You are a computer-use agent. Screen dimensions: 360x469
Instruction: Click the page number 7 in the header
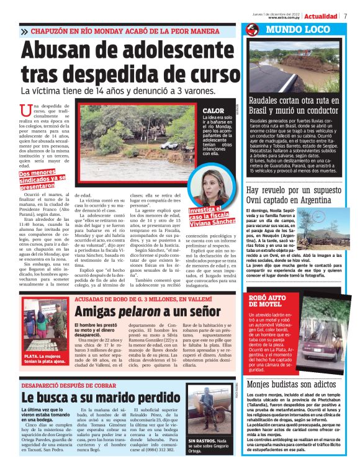pos(346,16)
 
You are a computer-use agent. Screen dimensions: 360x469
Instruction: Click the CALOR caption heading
pos(213,110)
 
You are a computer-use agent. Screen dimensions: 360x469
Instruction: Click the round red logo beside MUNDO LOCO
pos(251,30)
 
